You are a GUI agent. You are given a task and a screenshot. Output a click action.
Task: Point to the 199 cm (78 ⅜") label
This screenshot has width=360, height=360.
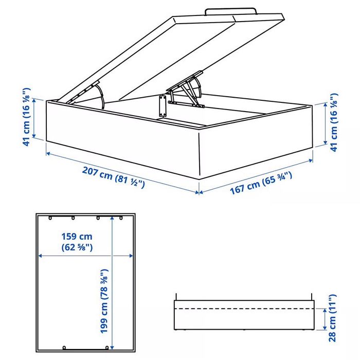pos(104,301)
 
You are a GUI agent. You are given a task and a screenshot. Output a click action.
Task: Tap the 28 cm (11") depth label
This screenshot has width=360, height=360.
pos(333,318)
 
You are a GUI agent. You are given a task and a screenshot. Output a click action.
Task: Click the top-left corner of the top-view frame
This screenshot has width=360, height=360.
pos(37,213)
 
